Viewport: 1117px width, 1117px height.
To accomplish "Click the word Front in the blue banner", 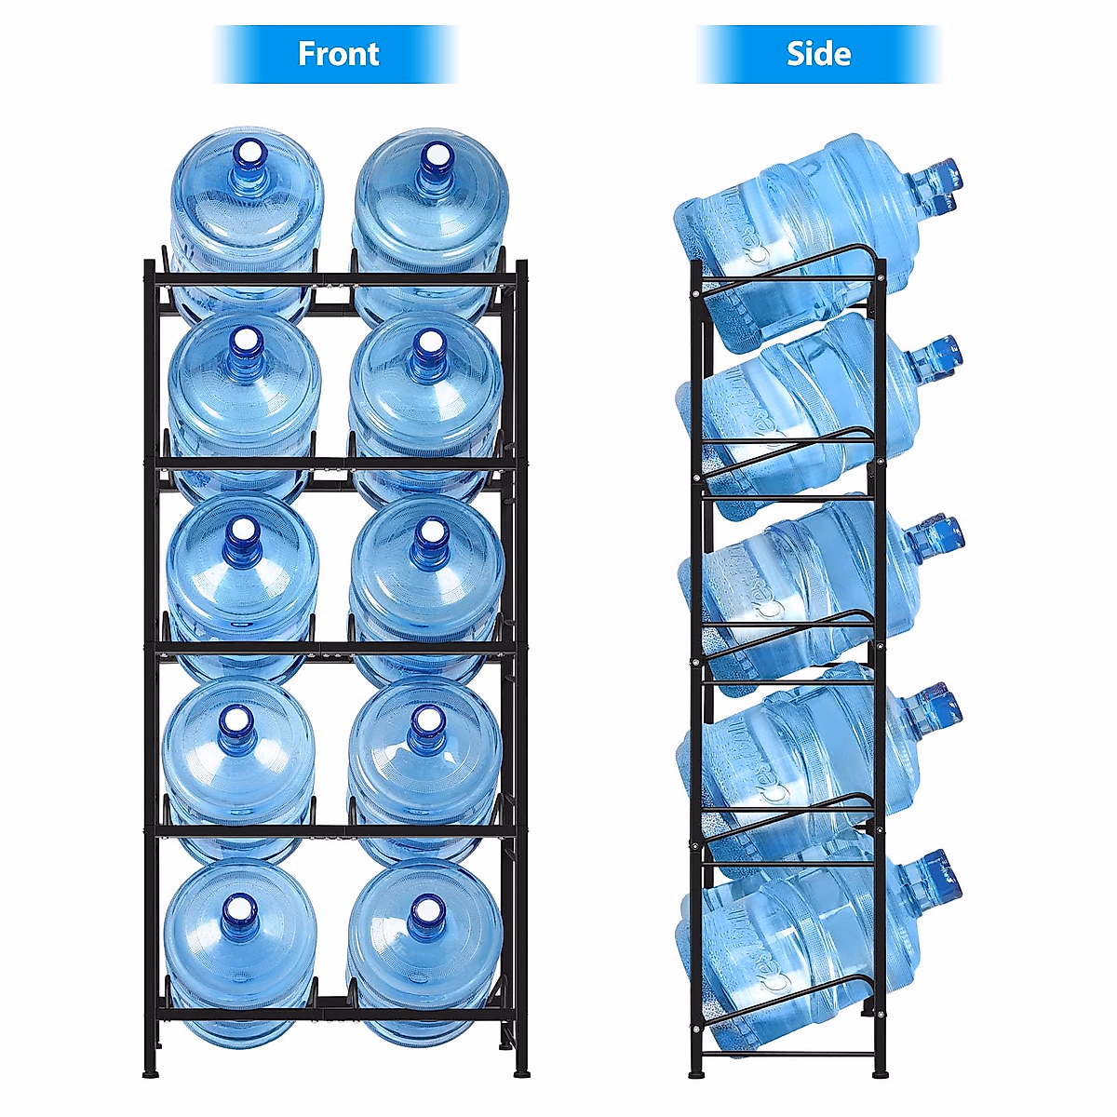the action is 338,54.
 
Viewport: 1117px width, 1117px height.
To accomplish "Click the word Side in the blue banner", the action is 818,54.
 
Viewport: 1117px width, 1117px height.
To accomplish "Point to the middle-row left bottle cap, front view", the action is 242,531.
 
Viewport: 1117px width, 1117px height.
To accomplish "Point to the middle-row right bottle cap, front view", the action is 430,532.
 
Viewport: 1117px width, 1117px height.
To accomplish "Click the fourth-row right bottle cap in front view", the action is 426,719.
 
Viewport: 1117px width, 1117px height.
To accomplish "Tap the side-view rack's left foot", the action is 696,1072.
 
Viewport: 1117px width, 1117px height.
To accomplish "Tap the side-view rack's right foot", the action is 881,1072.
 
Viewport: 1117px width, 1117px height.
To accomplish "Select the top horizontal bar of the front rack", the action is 335,278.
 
